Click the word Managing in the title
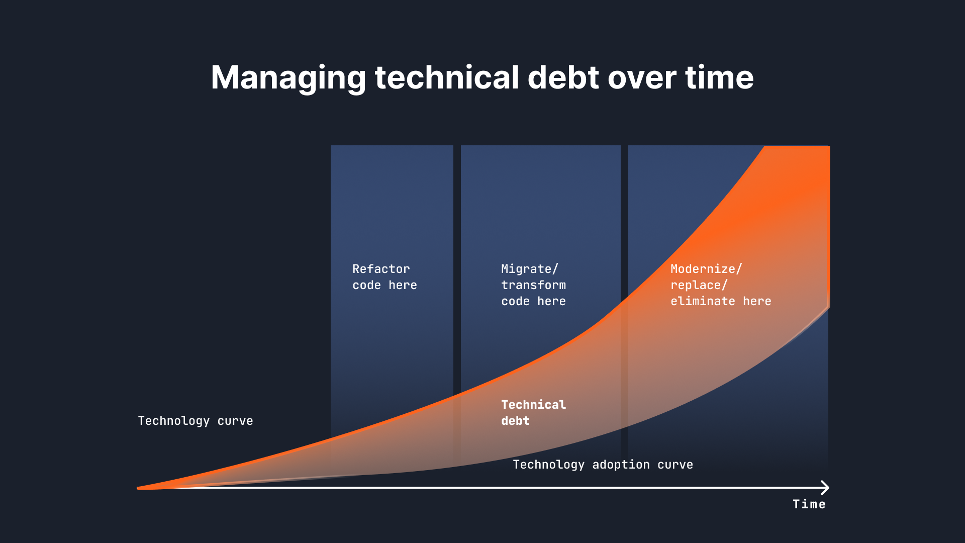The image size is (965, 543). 288,78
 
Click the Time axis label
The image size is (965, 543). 809,504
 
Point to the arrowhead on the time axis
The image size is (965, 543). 825,487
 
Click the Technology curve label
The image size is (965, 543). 196,421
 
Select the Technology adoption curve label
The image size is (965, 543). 603,465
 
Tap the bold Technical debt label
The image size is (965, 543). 533,413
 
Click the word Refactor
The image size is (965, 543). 381,269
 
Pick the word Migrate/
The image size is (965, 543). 529,269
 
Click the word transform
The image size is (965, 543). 533,285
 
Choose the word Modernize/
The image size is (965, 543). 706,269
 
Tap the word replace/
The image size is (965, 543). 699,285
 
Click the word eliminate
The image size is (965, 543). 703,301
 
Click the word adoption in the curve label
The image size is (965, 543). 621,465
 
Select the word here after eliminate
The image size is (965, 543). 757,301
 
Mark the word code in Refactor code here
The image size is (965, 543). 366,285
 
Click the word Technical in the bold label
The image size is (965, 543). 533,405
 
